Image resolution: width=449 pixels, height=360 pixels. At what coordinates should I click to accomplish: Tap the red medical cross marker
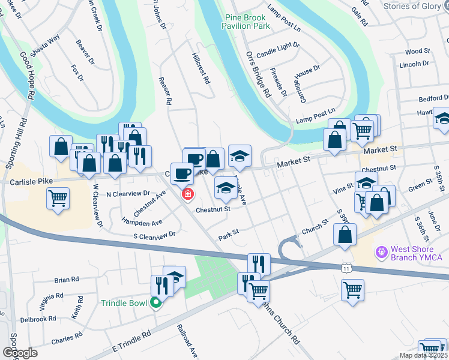[188, 194]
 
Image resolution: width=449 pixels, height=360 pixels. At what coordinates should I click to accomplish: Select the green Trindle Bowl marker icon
[156, 303]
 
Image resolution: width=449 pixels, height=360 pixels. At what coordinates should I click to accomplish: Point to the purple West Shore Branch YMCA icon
[379, 253]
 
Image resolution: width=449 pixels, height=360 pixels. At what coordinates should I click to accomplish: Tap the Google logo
[20, 352]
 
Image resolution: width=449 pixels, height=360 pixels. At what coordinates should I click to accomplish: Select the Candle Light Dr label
[277, 54]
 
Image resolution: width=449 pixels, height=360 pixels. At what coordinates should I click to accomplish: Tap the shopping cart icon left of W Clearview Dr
[58, 198]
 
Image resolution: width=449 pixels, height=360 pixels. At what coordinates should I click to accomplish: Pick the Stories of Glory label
[412, 6]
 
